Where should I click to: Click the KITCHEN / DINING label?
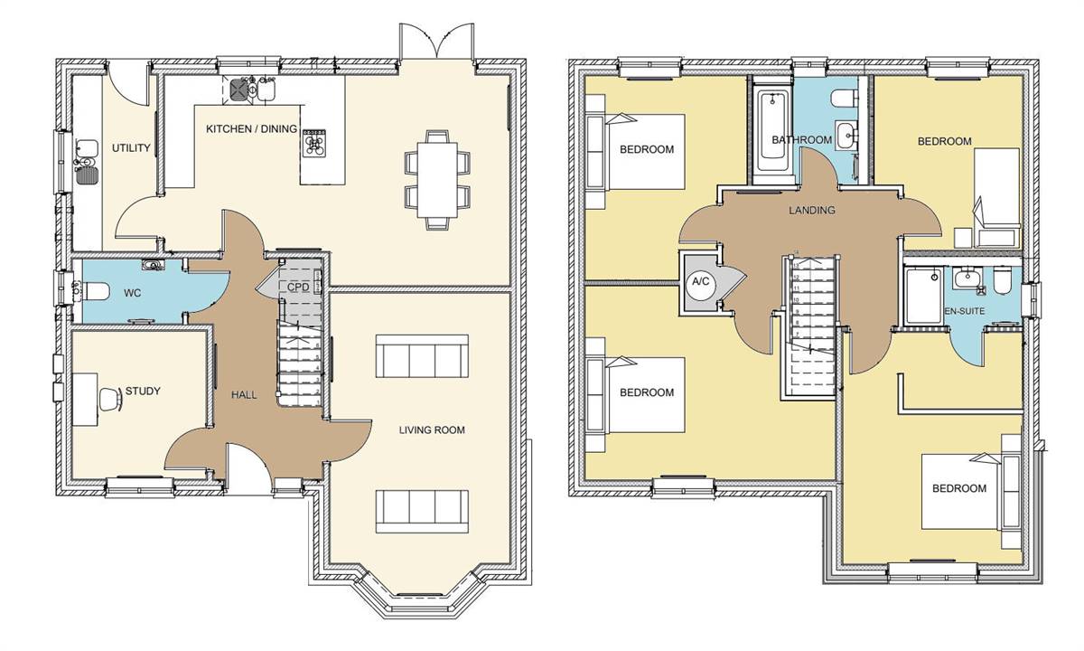(251, 129)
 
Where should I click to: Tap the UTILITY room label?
(130, 148)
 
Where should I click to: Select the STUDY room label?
(143, 392)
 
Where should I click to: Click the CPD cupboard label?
(298, 288)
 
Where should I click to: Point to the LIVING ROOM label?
(432, 430)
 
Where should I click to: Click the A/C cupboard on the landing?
(700, 281)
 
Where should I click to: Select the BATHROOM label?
(801, 140)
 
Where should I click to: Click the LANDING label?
(811, 211)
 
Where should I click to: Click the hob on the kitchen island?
(315, 143)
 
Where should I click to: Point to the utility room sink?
(87, 151)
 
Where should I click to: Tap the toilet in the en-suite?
(1001, 283)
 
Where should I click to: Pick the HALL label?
(243, 395)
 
